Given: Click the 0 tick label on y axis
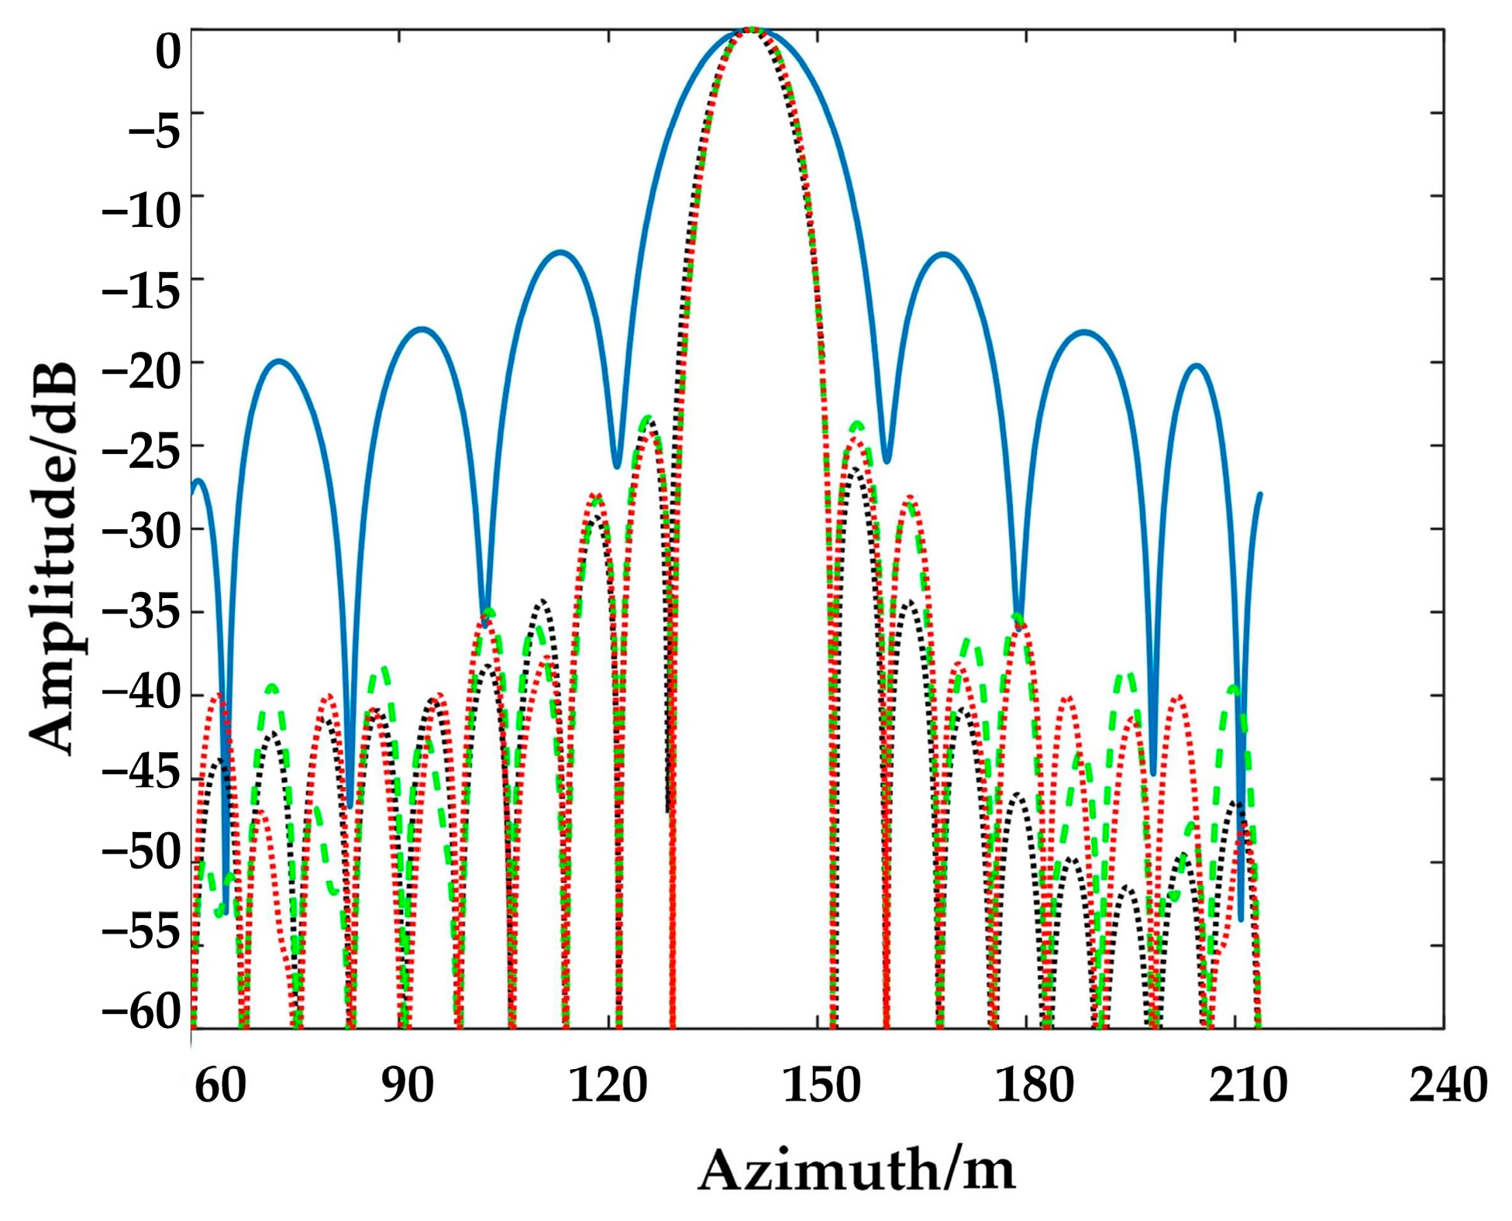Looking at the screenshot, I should [x=167, y=53].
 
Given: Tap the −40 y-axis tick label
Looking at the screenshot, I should [x=140, y=694].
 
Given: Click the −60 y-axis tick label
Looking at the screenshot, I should [x=140, y=1010].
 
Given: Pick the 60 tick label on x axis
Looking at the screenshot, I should [x=220, y=1085].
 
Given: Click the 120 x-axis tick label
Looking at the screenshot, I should [x=608, y=1085].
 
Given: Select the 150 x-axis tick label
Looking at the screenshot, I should [x=821, y=1085].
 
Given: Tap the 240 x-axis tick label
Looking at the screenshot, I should [x=1447, y=1085].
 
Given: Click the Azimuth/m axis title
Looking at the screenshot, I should [x=856, y=1170].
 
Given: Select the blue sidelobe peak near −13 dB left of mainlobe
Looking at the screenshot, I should [x=560, y=252].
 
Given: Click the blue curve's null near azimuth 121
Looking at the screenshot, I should [x=617, y=466].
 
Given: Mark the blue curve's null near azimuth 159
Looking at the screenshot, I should [x=887, y=462].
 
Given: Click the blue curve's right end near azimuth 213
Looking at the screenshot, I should [x=1260, y=494].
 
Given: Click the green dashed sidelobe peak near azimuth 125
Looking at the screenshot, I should [x=646, y=418].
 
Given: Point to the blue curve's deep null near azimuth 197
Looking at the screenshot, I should [x=1153, y=773].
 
